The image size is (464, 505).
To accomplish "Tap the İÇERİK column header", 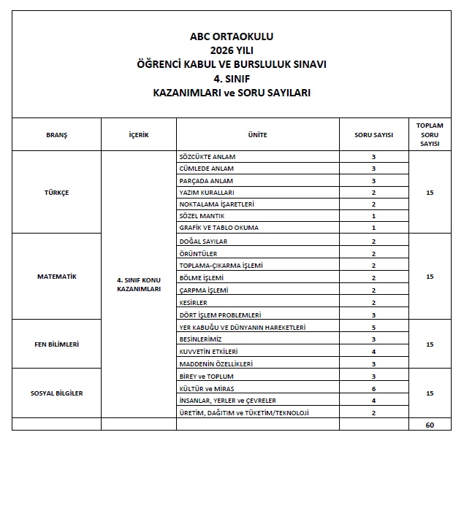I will click(139, 135).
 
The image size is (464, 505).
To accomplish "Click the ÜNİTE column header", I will click(257, 135).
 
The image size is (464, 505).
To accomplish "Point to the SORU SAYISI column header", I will click(373, 135).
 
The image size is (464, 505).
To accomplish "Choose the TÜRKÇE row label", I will click(56, 192).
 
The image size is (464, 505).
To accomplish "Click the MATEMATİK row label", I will click(56, 277).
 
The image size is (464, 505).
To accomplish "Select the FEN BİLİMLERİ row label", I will click(56, 344).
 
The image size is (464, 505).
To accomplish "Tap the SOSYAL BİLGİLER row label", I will click(56, 393).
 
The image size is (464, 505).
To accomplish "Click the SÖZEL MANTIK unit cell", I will click(202, 216).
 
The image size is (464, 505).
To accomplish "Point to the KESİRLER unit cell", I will click(194, 302).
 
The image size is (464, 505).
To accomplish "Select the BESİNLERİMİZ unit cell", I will click(202, 339).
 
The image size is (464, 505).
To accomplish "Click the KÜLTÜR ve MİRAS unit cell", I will click(207, 388).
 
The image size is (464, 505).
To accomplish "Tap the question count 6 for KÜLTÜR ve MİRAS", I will click(373, 388).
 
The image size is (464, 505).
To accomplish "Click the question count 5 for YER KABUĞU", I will click(373, 328).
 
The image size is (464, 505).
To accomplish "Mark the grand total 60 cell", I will click(430, 424).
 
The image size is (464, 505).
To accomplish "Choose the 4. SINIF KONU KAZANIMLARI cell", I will click(139, 284).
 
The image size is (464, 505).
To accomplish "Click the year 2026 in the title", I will click(221, 50).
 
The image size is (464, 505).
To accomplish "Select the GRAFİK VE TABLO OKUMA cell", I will click(218, 228).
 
